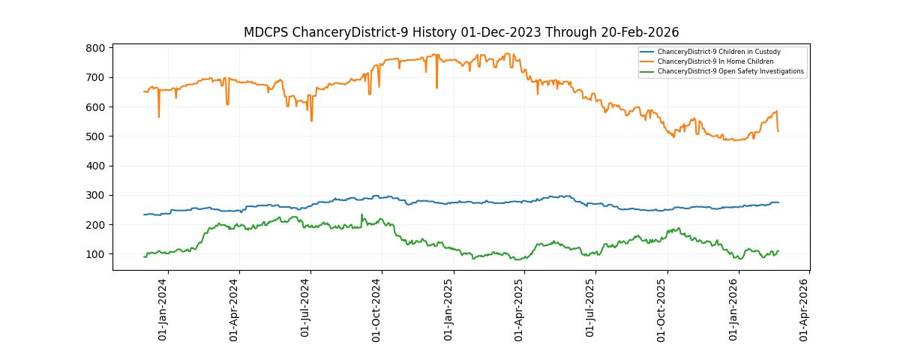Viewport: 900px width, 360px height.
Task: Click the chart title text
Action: click(x=460, y=32)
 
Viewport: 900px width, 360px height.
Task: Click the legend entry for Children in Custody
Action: click(x=718, y=52)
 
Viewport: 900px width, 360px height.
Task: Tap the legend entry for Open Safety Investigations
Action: click(x=730, y=71)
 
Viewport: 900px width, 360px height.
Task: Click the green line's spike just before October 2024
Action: click(x=361, y=215)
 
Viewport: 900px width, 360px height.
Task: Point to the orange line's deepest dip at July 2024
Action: click(x=311, y=120)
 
